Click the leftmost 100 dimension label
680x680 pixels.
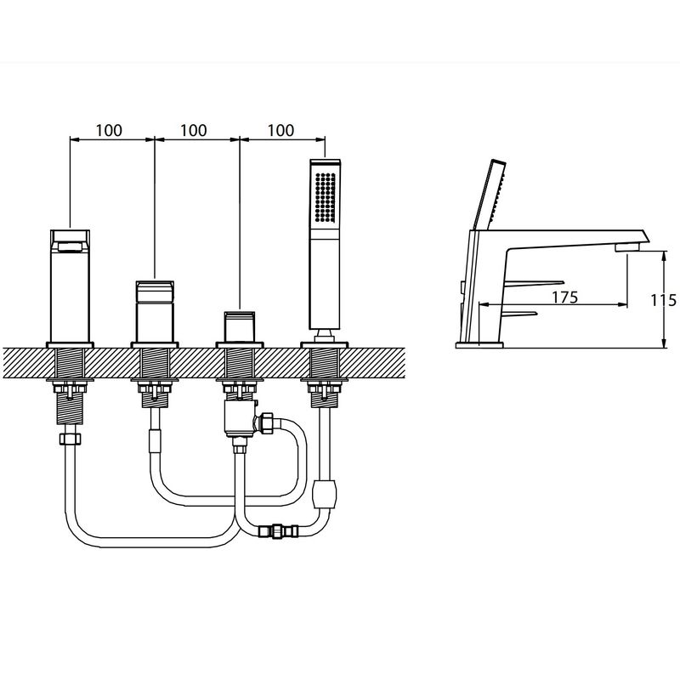(109, 130)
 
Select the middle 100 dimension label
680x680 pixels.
(194, 130)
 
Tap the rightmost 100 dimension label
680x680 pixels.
(281, 130)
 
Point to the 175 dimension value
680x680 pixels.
(565, 297)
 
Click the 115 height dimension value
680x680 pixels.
(664, 300)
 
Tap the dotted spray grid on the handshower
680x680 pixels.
(326, 196)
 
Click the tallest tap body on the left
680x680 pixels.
(71, 286)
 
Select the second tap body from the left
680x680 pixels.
(155, 311)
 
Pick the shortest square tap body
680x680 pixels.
(240, 326)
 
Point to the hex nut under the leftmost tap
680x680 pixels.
(71, 439)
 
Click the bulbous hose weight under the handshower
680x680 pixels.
(325, 494)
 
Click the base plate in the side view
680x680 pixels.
(479, 345)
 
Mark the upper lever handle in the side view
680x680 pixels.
(535, 284)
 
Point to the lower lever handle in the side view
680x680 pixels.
(519, 314)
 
